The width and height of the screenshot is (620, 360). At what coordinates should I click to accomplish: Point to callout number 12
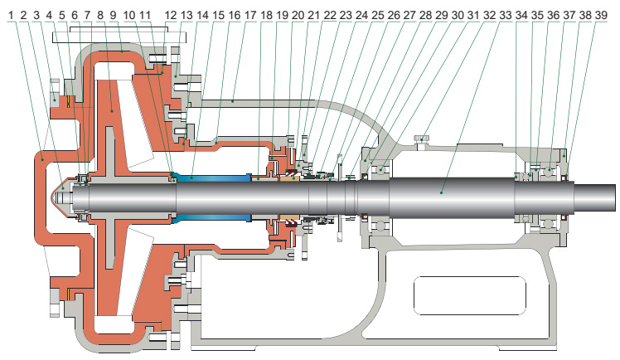[170, 15]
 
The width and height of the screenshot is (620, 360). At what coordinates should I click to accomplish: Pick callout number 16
[235, 15]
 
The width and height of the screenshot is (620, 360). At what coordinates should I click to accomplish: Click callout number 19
[282, 15]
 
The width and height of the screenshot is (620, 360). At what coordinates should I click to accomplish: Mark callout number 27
[409, 15]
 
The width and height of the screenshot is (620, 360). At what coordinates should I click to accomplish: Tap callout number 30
[456, 15]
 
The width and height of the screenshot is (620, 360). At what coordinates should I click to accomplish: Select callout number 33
[504, 15]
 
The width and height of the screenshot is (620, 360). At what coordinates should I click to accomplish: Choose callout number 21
[313, 15]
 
